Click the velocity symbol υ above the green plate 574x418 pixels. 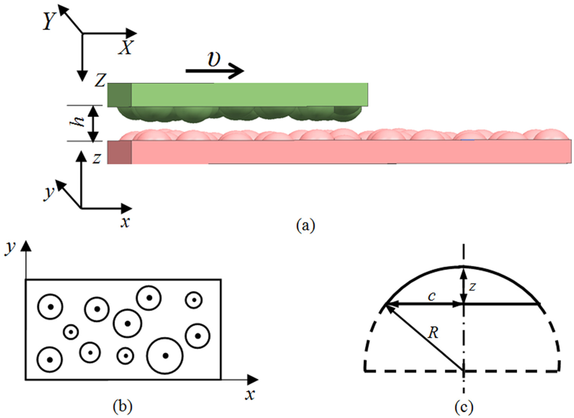point(214,60)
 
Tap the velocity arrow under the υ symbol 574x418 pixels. point(215,71)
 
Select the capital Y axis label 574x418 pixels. point(50,21)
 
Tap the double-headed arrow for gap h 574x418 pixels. point(93,124)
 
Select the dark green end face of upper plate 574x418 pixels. point(120,95)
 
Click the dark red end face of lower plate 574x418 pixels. point(120,152)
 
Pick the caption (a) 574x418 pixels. point(306,226)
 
